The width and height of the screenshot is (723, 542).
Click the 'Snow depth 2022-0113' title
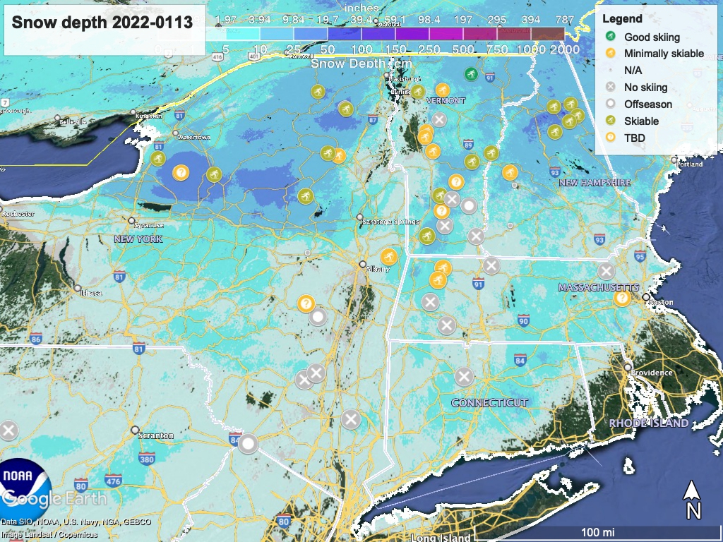coord(102,22)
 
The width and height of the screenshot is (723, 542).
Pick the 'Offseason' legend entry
coord(647,104)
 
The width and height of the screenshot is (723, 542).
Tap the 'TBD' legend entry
coord(634,138)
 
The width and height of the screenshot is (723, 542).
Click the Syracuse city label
coord(149,225)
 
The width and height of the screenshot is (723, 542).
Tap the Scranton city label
coord(157,435)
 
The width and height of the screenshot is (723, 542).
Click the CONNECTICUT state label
coord(489,403)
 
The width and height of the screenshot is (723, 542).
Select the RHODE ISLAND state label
coord(649,423)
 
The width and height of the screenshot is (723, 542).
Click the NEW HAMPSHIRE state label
coord(594,183)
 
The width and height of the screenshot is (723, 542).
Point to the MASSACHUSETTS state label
coord(598,288)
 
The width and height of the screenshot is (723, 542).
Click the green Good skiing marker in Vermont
coord(471,73)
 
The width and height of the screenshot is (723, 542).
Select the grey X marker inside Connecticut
coord(463,376)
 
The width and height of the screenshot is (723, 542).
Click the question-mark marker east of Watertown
coord(181,171)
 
